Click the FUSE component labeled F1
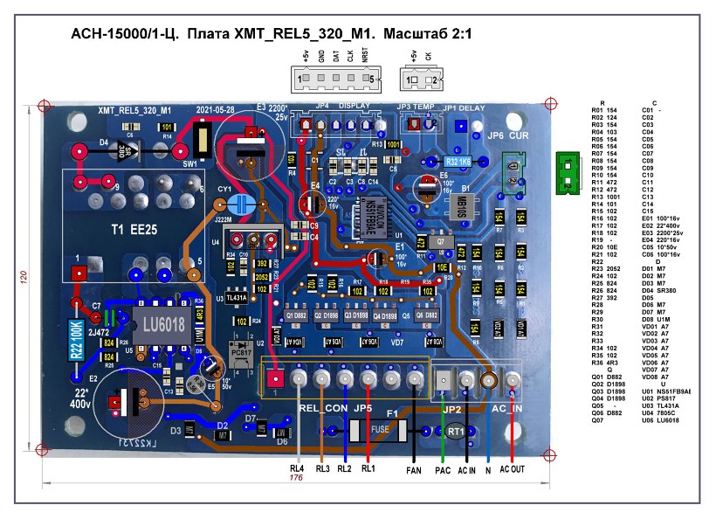379,431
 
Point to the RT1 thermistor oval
455,432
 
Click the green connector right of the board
567,171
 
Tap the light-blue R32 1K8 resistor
458,162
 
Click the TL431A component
237,297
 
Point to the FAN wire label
414,470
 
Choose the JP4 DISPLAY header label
341,107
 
